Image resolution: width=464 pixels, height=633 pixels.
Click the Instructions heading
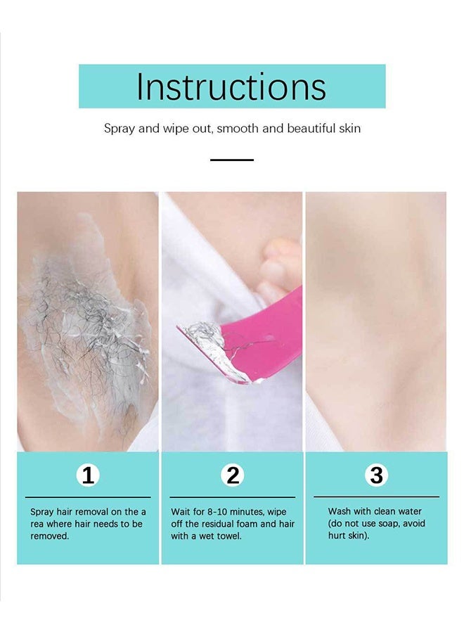(x=231, y=87)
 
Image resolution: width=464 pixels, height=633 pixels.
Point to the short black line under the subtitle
(x=231, y=160)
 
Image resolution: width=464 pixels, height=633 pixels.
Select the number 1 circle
(x=88, y=475)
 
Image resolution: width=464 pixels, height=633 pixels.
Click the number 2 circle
(x=233, y=475)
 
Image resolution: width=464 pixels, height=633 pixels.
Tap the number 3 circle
(x=377, y=475)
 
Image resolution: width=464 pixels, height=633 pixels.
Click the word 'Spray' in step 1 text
(x=41, y=512)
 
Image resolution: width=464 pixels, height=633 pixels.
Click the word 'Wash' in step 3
(x=340, y=511)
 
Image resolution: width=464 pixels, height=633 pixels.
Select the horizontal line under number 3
(x=376, y=497)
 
